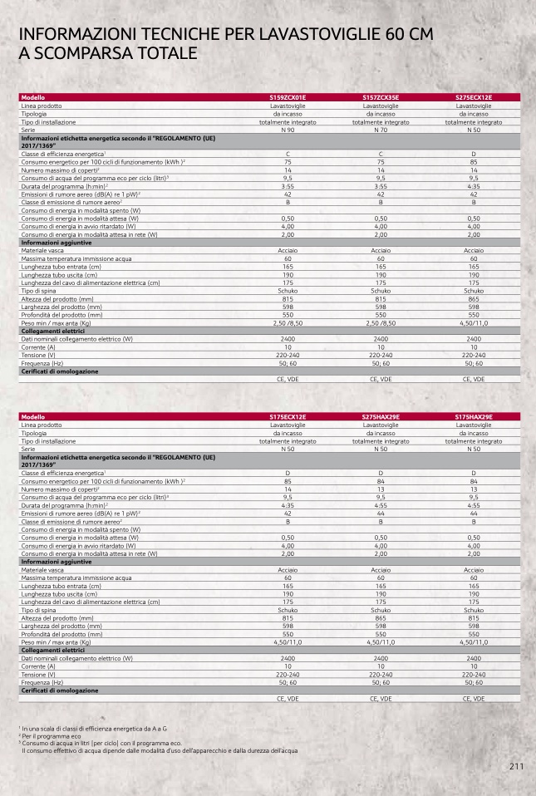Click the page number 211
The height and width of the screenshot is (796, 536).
pyautogui.click(x=516, y=767)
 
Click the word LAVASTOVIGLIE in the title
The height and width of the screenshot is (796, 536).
pyautogui.click(x=312, y=34)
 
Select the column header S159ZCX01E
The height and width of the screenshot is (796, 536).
pyautogui.click(x=288, y=97)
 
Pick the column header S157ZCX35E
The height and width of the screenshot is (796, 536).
pyautogui.click(x=381, y=97)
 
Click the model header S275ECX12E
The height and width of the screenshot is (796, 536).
pyautogui.click(x=474, y=97)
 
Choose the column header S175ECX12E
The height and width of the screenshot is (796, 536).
pyautogui.click(x=288, y=416)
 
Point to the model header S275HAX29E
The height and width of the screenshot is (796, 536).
pyautogui.click(x=381, y=416)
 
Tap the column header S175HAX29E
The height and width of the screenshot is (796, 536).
pyautogui.click(x=474, y=416)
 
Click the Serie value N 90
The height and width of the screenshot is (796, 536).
pyautogui.click(x=288, y=130)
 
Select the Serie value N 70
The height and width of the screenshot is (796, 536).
pyautogui.click(x=381, y=130)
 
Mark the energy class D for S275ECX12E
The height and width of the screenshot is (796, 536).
pyautogui.click(x=474, y=155)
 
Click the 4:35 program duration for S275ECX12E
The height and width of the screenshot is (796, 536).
pyautogui.click(x=474, y=187)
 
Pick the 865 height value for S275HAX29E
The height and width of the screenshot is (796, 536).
pyautogui.click(x=381, y=618)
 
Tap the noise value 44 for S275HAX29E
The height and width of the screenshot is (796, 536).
pyautogui.click(x=381, y=513)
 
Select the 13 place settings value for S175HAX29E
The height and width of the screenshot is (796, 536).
pyautogui.click(x=474, y=489)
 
